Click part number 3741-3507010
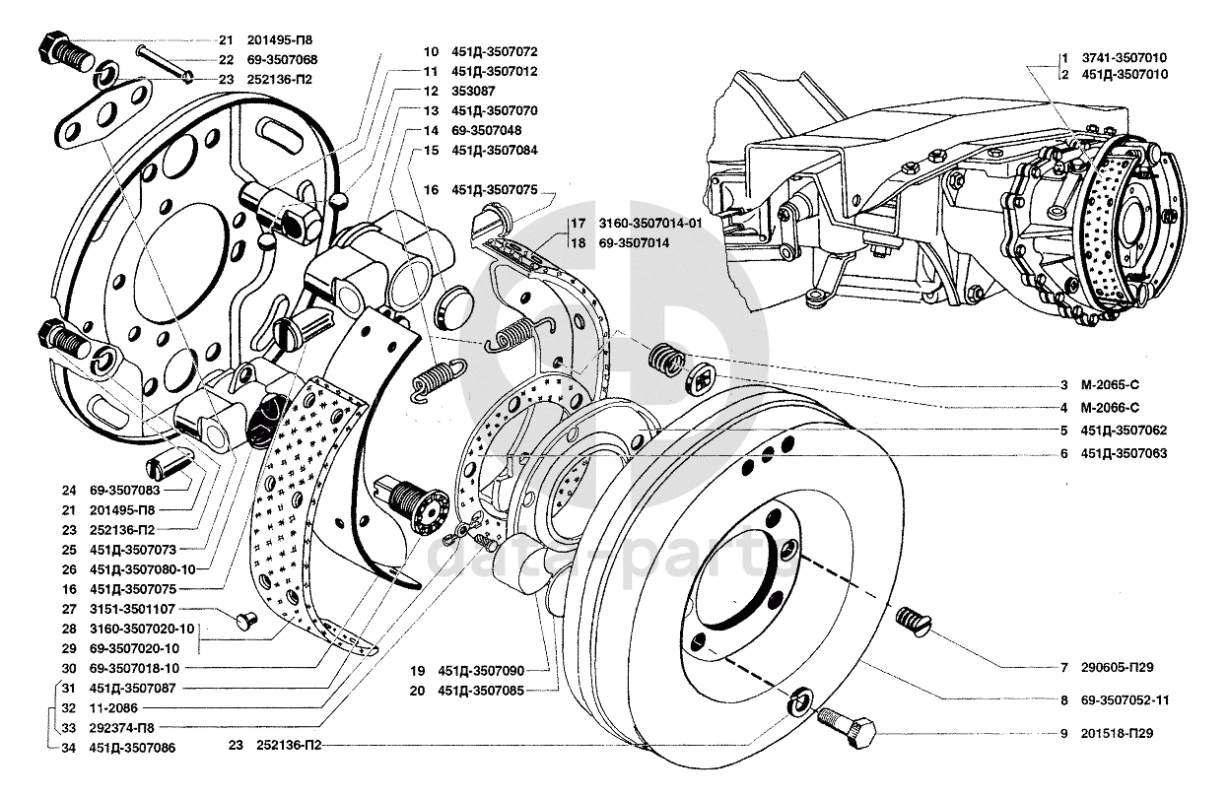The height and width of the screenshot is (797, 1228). tap(1124, 58)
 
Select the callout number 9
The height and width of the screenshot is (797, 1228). tap(1065, 734)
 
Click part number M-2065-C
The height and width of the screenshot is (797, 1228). tap(1110, 384)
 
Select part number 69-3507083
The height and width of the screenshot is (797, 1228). tap(127, 490)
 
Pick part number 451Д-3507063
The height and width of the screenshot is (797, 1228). tap(1124, 454)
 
